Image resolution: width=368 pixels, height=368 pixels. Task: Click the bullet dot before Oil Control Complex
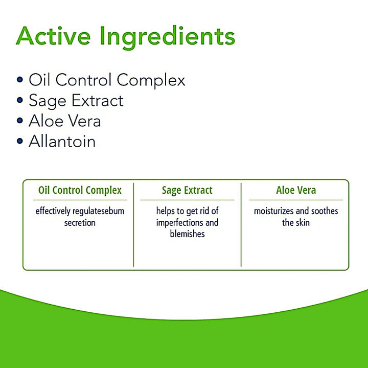[20, 80]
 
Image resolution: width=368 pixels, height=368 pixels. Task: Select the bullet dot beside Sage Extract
[20, 101]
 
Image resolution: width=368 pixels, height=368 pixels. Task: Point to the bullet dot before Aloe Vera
[20, 121]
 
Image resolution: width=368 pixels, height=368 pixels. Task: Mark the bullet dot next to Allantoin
[20, 142]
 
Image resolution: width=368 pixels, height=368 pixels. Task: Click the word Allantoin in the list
[62, 142]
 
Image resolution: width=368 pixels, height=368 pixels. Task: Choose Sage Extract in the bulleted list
[76, 101]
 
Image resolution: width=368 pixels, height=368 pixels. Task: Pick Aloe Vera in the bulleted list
[64, 121]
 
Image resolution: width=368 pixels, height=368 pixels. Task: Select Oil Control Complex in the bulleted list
[107, 80]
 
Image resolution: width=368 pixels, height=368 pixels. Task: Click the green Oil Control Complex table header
[80, 191]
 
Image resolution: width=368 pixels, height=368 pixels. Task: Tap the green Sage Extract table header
[187, 191]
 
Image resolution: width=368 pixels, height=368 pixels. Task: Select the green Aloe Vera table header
[296, 191]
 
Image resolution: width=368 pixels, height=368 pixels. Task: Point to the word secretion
[80, 223]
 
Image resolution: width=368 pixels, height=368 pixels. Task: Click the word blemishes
[187, 234]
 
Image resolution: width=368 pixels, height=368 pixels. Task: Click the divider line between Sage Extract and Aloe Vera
[241, 225]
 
